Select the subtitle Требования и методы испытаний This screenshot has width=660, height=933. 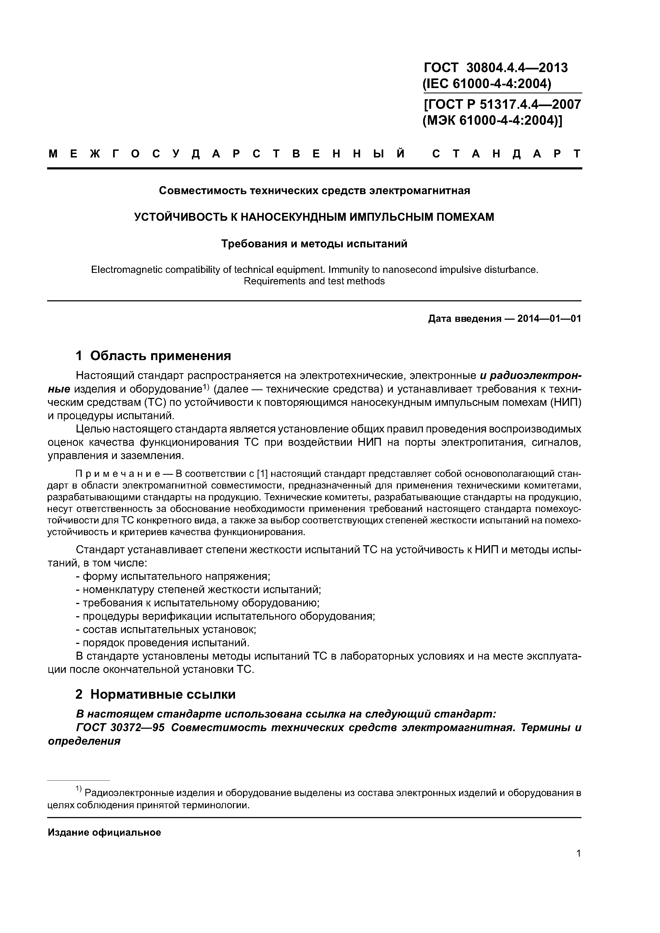(x=314, y=244)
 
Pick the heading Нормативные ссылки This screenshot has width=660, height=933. (x=163, y=694)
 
